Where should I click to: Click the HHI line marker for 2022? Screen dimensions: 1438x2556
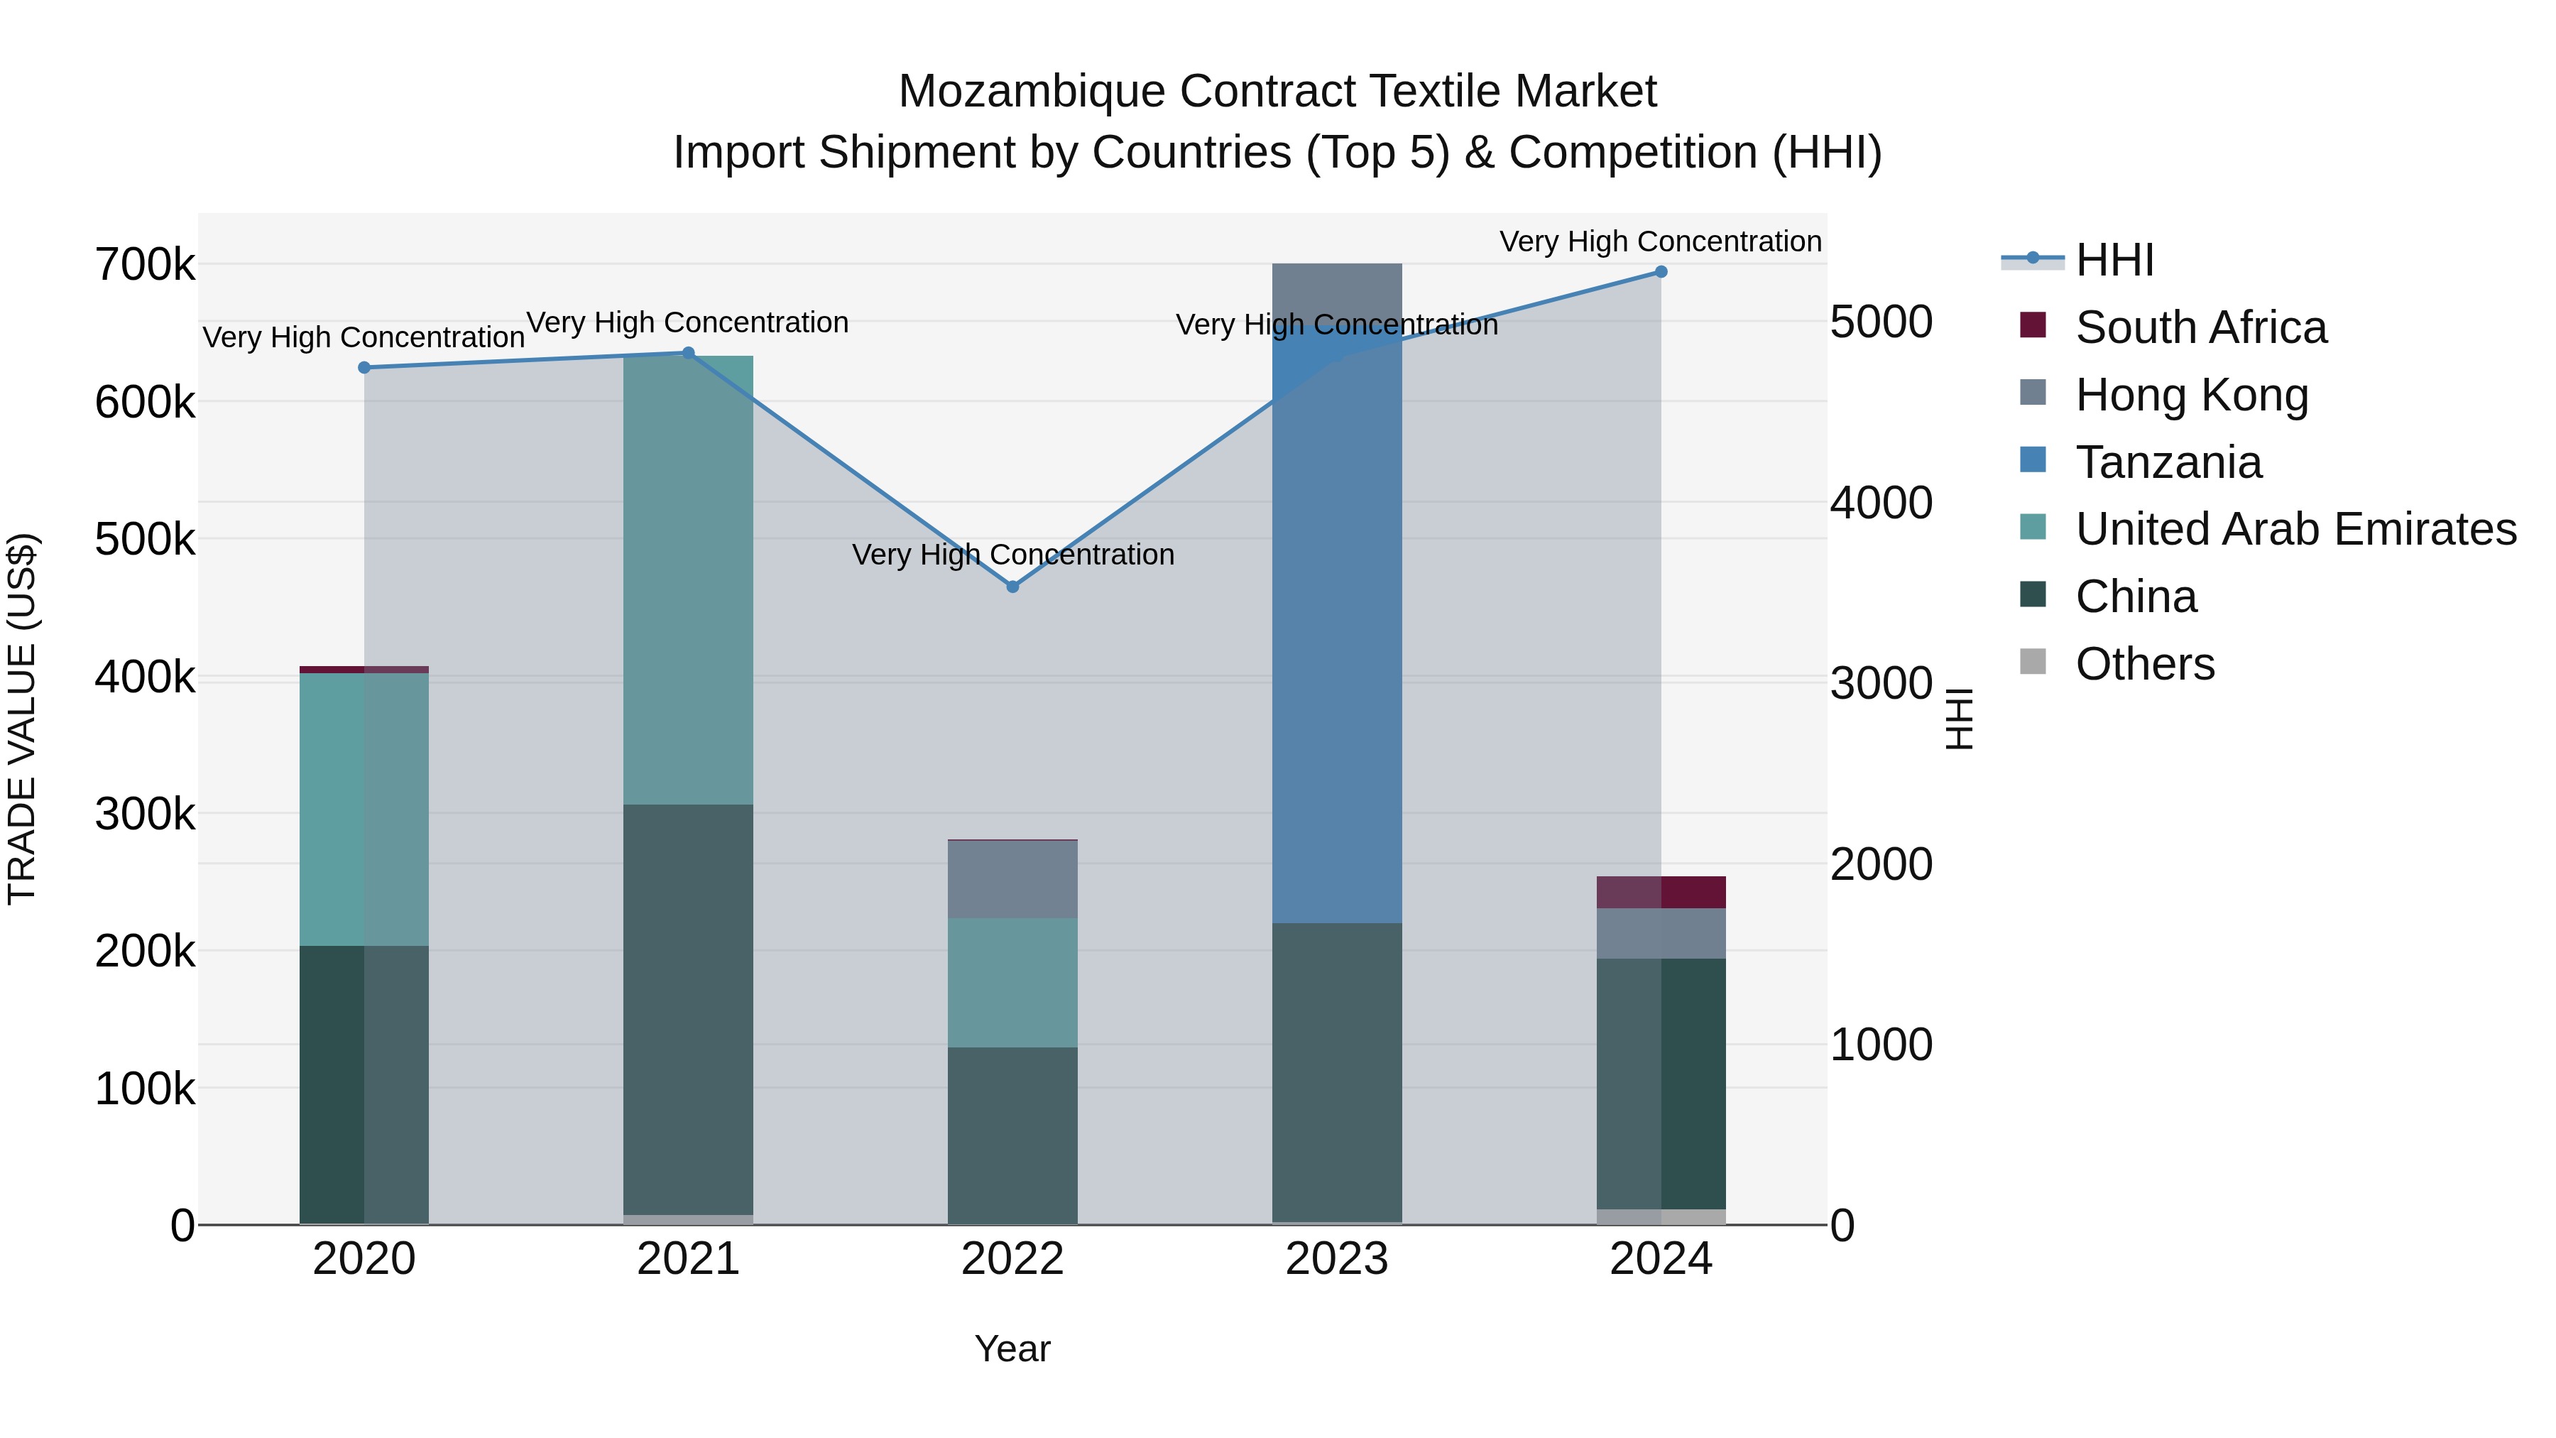[x=1012, y=587]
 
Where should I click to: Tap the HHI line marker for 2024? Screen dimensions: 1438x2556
[x=1660, y=272]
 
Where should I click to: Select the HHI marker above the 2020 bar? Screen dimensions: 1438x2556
[x=364, y=367]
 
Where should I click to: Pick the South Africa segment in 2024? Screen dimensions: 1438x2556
[x=1660, y=892]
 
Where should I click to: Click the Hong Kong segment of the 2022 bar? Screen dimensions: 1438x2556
[x=1012, y=879]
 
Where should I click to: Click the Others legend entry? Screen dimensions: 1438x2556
[x=2144, y=664]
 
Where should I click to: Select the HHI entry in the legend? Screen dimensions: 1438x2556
[x=2114, y=260]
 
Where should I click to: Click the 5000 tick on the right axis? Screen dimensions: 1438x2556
[x=1880, y=322]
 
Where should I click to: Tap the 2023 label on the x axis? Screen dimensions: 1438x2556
[x=1336, y=1259]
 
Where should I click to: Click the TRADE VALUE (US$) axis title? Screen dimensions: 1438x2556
[x=22, y=719]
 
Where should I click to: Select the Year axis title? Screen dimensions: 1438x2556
[x=1012, y=1349]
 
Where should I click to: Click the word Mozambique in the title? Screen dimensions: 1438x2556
[x=1031, y=92]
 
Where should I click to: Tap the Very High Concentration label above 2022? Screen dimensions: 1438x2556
[x=1012, y=554]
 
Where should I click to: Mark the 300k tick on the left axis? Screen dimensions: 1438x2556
[x=145, y=815]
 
